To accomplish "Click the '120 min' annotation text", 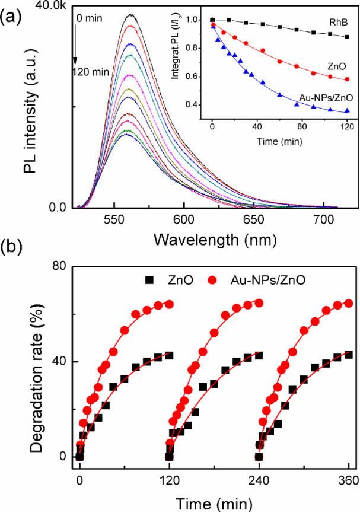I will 90,72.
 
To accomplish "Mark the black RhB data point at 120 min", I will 346,37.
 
